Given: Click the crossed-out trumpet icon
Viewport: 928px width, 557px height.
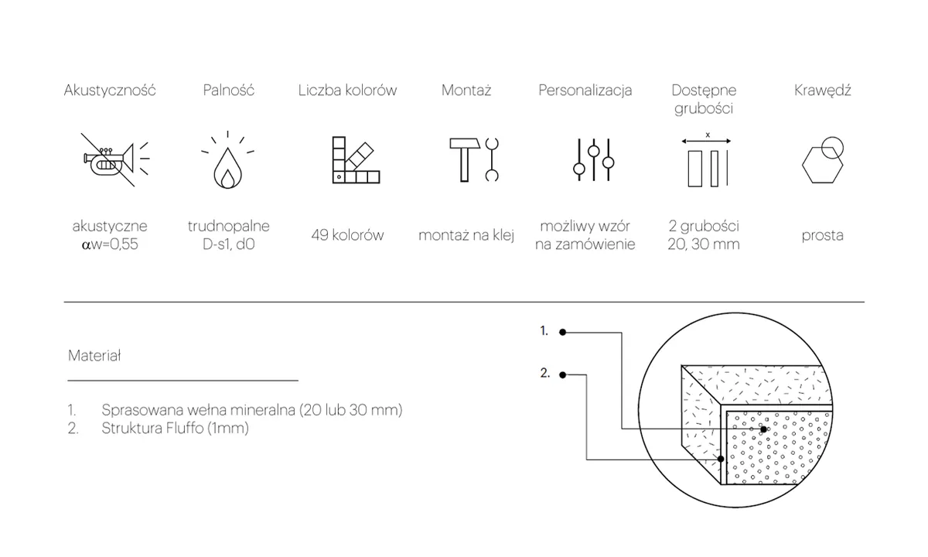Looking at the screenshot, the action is click(x=114, y=159).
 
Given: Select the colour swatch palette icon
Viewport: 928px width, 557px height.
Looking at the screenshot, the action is click(x=356, y=160).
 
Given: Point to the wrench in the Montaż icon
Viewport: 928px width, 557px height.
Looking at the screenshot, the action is click(x=492, y=159).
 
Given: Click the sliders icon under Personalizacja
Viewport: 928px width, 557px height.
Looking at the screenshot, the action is click(x=594, y=159).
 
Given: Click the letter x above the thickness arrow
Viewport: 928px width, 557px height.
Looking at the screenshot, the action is click(x=708, y=135).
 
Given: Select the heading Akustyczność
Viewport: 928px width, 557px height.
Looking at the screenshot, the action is click(x=110, y=91).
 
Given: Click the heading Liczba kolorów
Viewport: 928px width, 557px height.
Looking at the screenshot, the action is click(x=347, y=91).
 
